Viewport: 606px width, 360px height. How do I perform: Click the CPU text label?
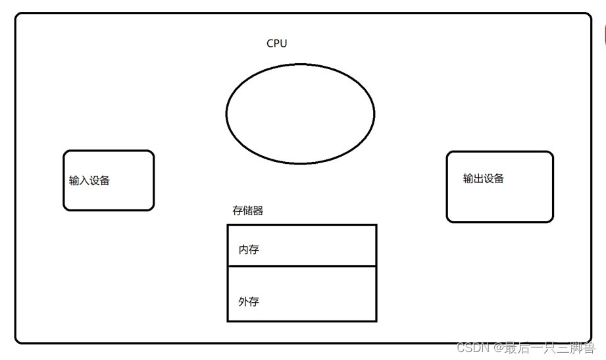pos(276,43)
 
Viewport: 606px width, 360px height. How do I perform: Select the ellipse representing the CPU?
pos(300,113)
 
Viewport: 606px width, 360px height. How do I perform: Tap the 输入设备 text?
pos(89,180)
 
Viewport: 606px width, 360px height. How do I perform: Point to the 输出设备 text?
pos(484,178)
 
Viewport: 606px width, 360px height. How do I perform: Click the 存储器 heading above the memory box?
pos(248,211)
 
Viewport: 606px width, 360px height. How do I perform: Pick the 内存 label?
pos(249,250)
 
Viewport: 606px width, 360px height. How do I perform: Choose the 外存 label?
pos(249,301)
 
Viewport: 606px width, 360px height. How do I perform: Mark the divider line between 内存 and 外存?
pos(301,267)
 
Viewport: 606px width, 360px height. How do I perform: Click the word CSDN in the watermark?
pos(471,347)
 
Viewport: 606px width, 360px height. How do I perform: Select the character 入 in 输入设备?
pos(84,180)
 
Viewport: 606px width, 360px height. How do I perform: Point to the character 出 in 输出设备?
pos(478,178)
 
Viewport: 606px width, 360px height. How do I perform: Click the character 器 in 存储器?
pos(258,211)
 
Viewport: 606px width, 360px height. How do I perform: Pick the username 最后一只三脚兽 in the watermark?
pos(549,347)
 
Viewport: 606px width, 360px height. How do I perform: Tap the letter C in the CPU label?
pos(270,43)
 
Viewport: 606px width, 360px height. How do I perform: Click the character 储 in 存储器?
pos(248,211)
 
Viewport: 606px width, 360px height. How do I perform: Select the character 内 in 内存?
pos(243,250)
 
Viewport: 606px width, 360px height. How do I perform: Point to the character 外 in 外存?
pos(243,301)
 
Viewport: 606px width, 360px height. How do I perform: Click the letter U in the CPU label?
pos(283,43)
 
